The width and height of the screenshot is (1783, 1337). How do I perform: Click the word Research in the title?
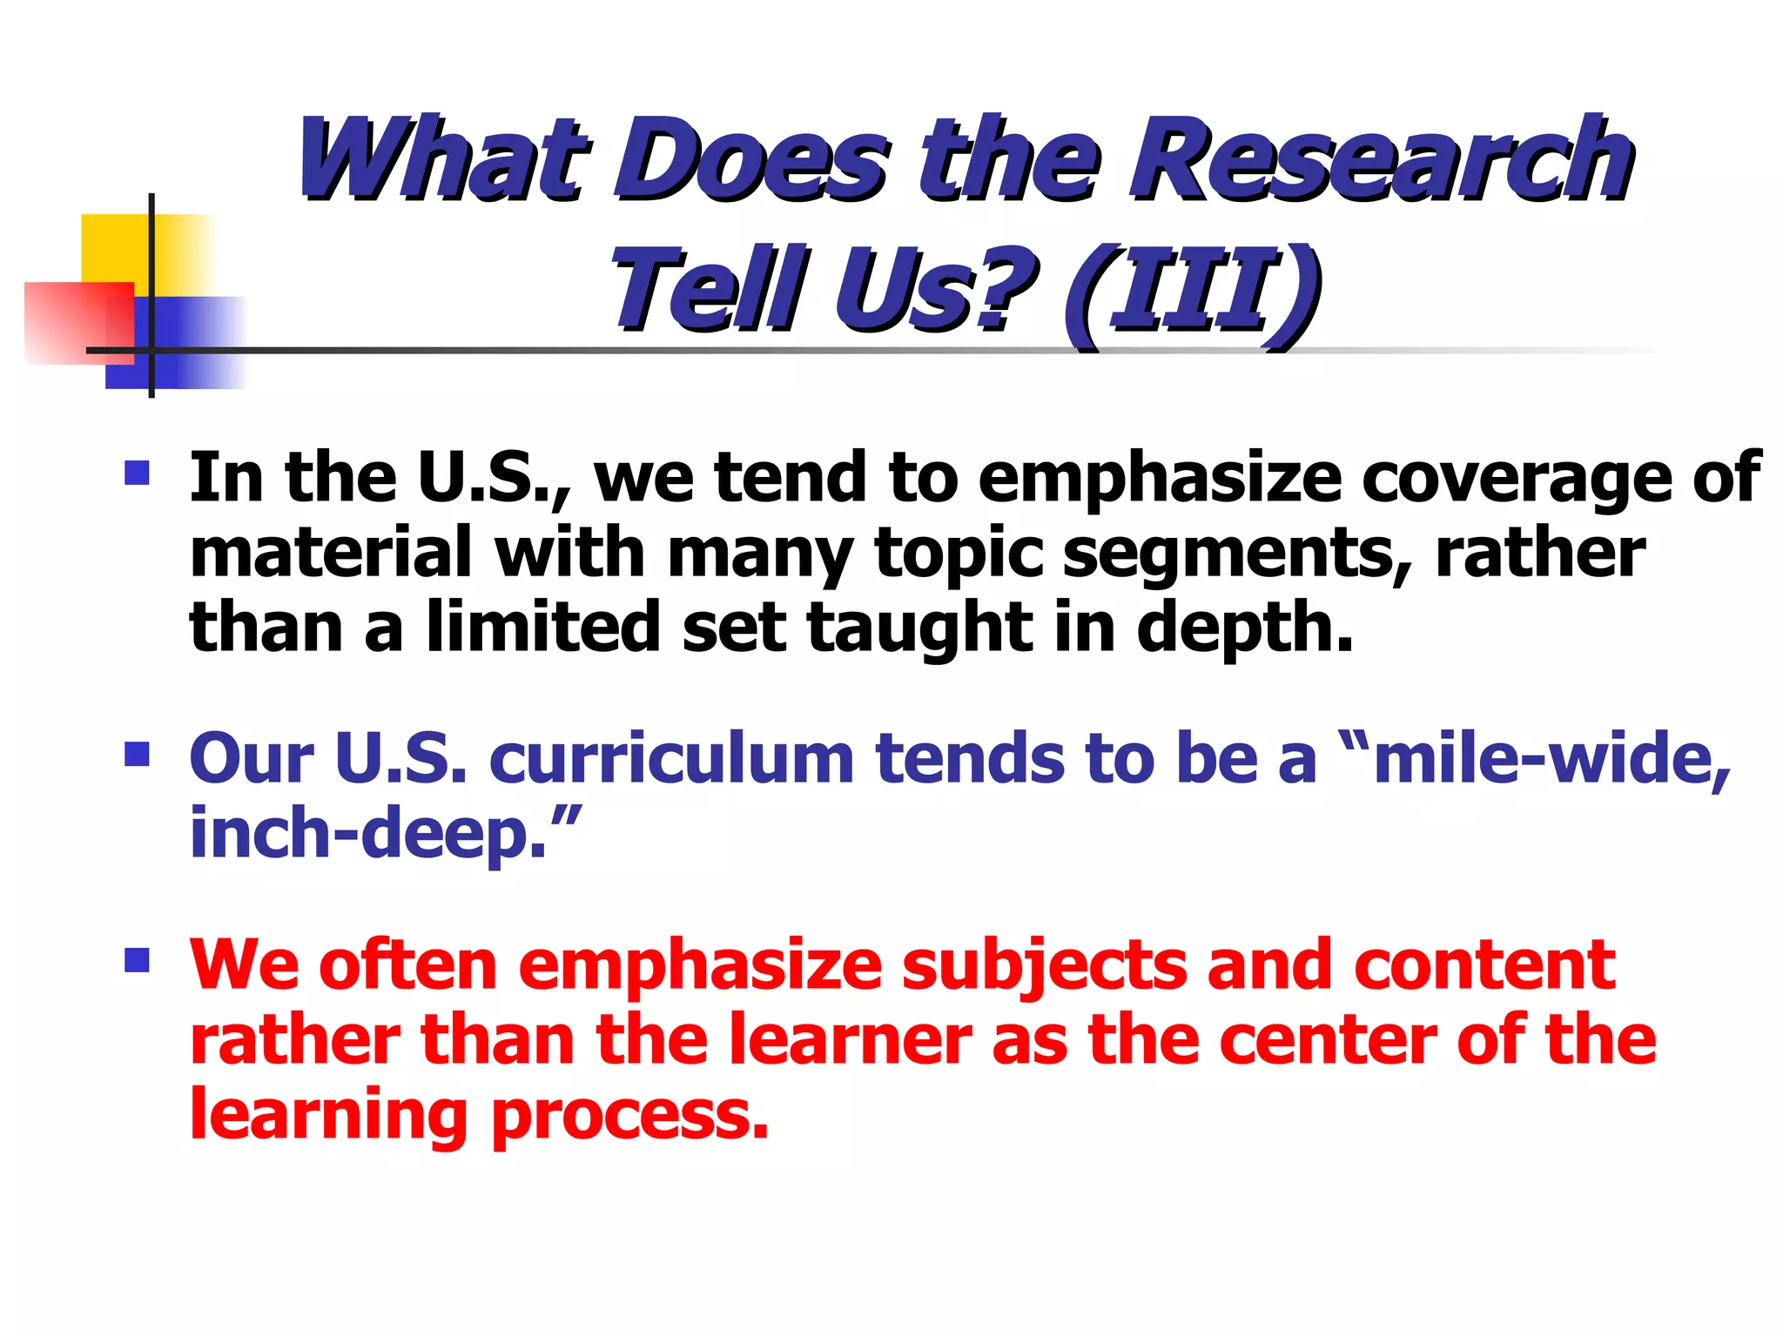pyautogui.click(x=1379, y=161)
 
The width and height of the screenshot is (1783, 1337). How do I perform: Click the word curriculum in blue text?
pyautogui.click(x=671, y=759)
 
